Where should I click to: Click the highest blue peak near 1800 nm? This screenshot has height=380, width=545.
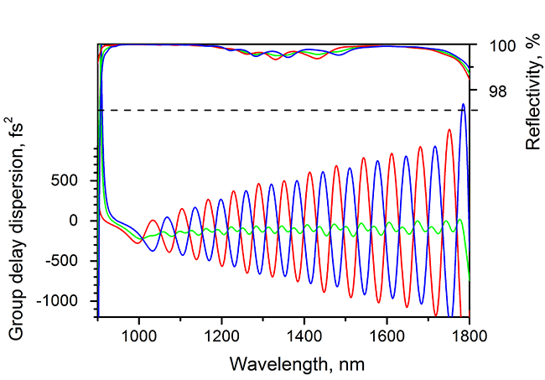point(463,104)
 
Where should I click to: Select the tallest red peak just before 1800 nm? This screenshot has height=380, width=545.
point(449,129)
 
